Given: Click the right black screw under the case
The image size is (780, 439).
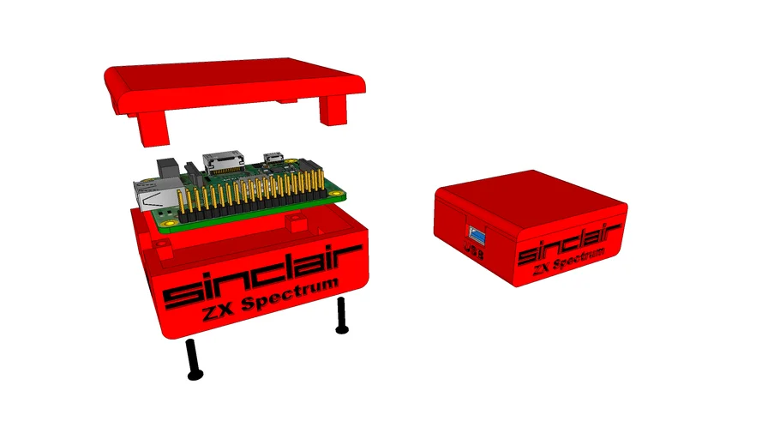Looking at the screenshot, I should [342, 315].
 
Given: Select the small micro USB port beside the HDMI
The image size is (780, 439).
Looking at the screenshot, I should [275, 159].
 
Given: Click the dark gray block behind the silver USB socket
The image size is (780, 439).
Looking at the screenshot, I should [166, 166].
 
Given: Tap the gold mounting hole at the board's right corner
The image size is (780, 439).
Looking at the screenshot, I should [337, 194].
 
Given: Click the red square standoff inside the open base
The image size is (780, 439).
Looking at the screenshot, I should [296, 224].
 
